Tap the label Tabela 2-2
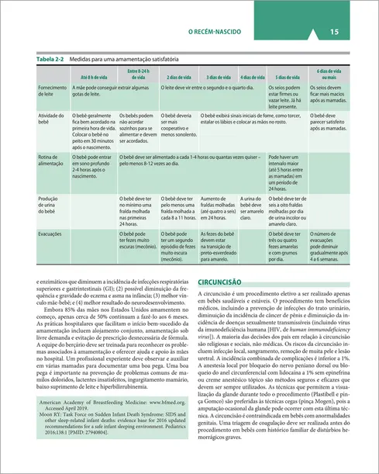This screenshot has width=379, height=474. tap(50, 59)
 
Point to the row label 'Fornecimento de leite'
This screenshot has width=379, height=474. tap(51, 92)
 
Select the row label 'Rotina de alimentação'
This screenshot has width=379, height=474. tap(50, 161)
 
